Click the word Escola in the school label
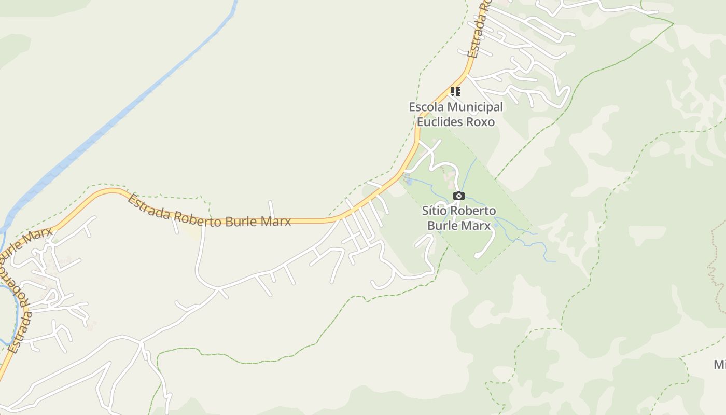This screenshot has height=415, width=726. (x=427, y=107)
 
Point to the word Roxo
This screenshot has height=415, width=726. (x=481, y=122)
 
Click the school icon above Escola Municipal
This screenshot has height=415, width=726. (x=455, y=92)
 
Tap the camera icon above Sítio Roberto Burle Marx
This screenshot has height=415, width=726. (x=459, y=196)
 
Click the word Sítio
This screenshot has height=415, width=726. (x=434, y=211)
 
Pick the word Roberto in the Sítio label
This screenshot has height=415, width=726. (x=473, y=211)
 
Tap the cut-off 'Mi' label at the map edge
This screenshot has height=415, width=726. (x=720, y=365)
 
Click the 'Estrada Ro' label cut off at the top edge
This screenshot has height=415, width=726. (x=479, y=31)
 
